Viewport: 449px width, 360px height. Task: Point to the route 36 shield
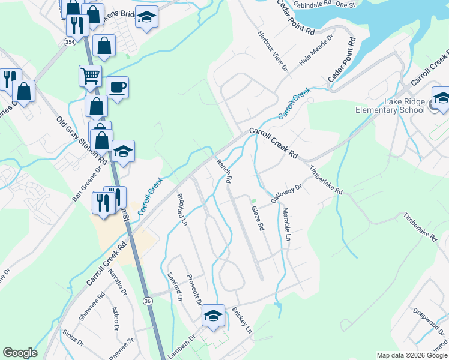148,301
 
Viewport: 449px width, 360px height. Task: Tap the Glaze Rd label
258,218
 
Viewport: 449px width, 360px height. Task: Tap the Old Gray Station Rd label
82,140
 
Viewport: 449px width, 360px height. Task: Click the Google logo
20,353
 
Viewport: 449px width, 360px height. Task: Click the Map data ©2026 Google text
412,355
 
